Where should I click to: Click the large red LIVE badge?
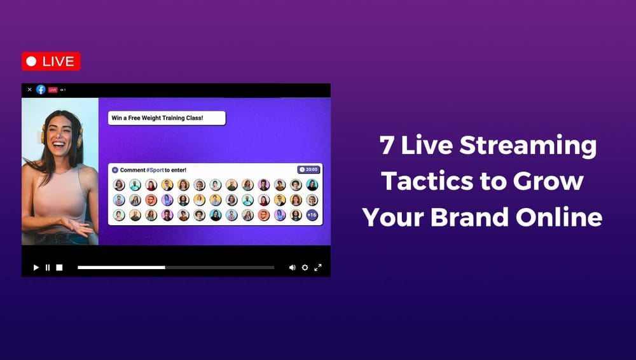[51, 62]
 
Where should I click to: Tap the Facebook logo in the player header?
[41, 90]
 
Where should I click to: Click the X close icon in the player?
[29, 90]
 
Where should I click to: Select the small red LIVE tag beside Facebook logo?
[53, 90]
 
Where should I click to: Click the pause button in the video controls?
[48, 268]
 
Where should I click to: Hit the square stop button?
[59, 268]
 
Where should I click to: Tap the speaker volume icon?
[292, 268]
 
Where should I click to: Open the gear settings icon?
[305, 268]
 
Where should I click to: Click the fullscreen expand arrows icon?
[318, 268]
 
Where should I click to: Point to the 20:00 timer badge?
[309, 170]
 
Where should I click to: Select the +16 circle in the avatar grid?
[312, 215]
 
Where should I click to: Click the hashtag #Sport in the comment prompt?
[155, 170]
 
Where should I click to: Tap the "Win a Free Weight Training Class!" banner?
[167, 118]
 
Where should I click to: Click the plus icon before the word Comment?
[115, 170]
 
